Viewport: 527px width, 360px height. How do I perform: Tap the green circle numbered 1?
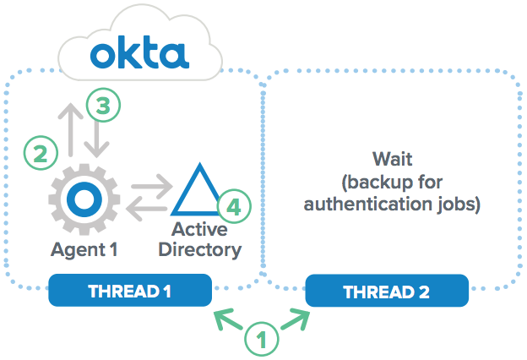tap(262, 341)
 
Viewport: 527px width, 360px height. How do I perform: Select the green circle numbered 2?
tap(40, 154)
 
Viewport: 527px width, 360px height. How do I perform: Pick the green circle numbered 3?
tap(103, 106)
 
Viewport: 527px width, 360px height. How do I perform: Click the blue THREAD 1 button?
tap(129, 292)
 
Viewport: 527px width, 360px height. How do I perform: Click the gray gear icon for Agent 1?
tap(83, 199)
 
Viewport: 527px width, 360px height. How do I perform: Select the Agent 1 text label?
tap(83, 249)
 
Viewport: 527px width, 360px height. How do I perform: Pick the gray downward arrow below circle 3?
tap(98, 139)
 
